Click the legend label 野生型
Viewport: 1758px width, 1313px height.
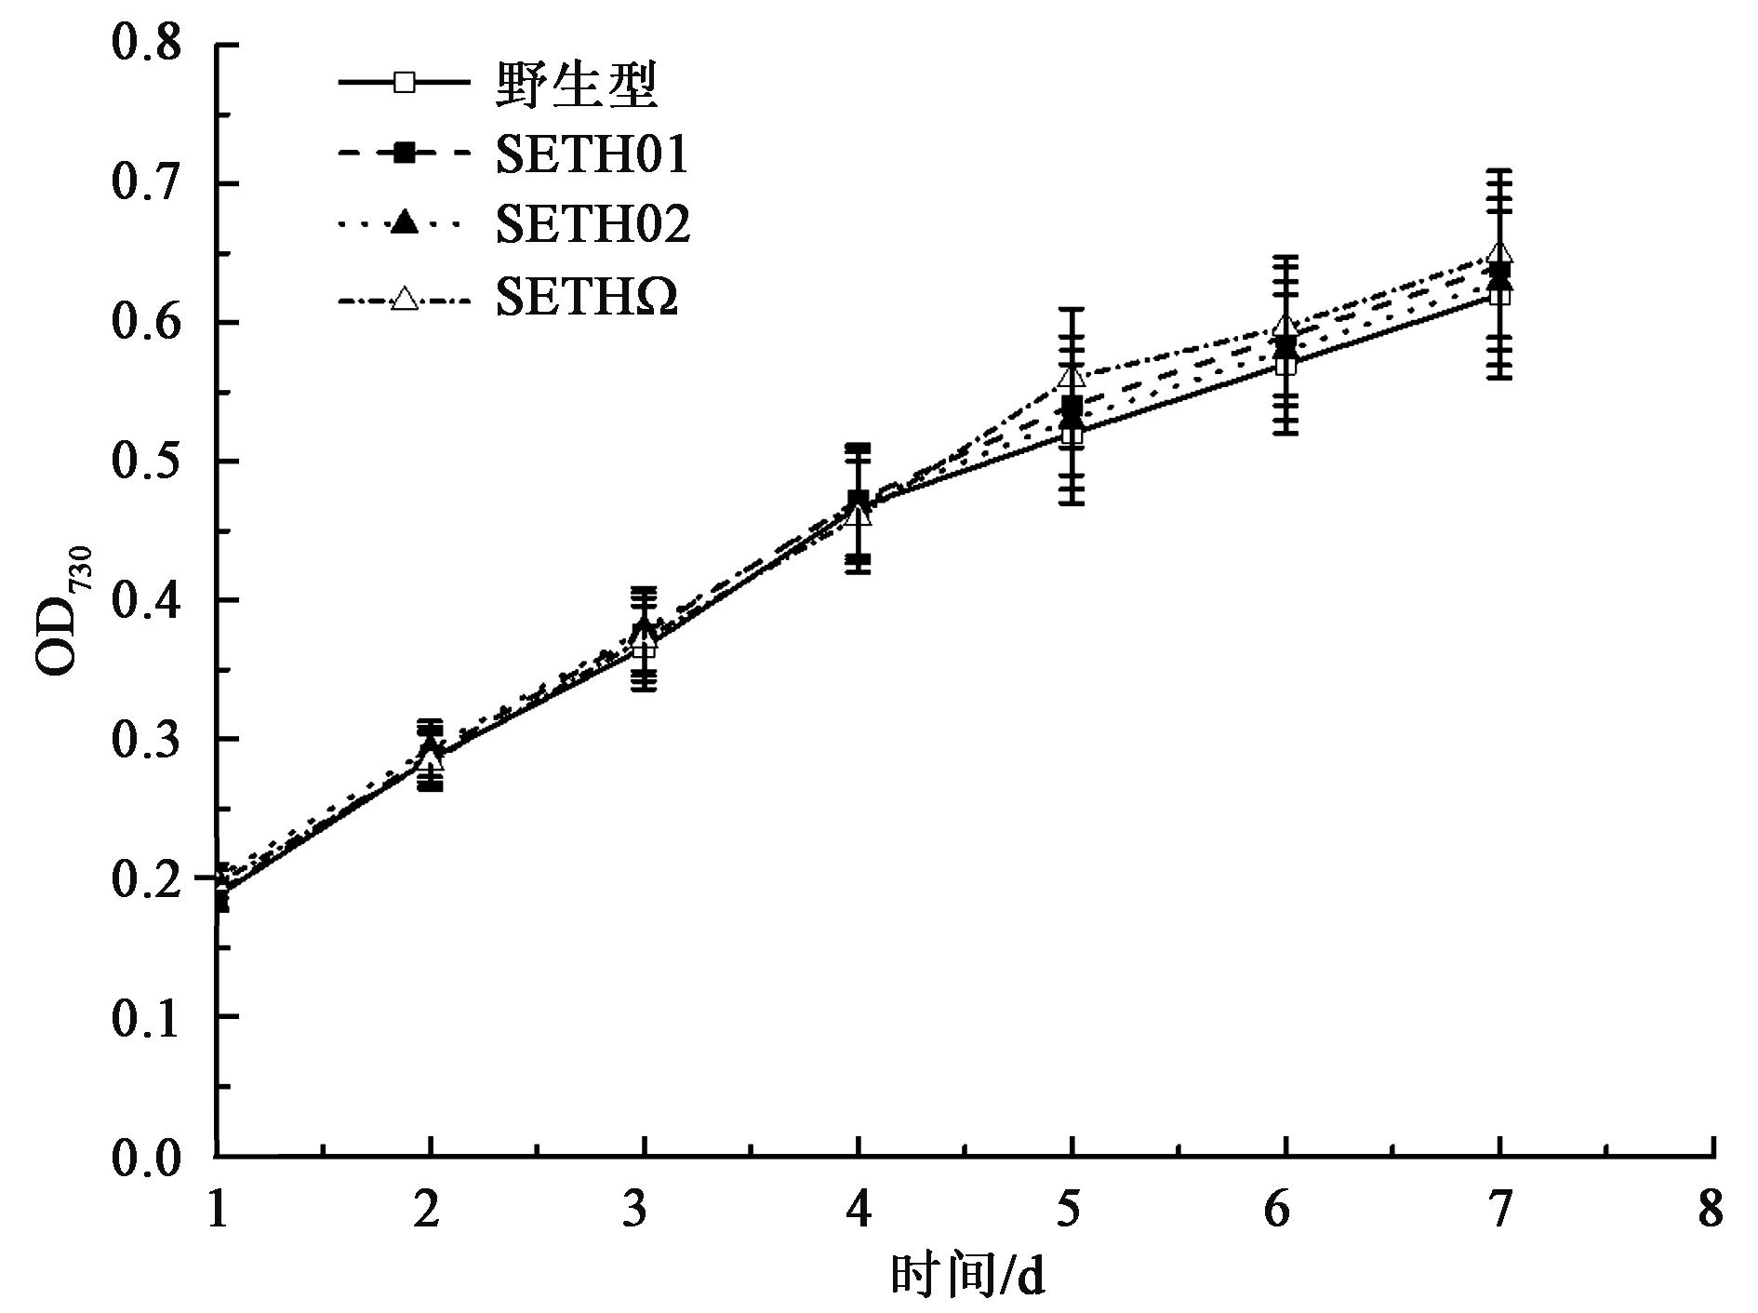coord(578,85)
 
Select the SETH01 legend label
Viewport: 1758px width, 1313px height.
coord(593,154)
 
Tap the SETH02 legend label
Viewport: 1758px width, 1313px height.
coord(593,224)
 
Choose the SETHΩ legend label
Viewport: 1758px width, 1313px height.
coord(587,299)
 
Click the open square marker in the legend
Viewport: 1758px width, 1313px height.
coord(404,82)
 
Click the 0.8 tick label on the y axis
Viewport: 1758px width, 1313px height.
coord(146,44)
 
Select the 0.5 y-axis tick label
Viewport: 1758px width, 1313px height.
coord(146,462)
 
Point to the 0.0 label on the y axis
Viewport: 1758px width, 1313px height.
coord(146,1157)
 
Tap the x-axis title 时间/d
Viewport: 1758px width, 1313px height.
coord(967,1276)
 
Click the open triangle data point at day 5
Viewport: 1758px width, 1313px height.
coord(1072,375)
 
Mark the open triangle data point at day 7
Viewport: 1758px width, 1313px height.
coord(1499,252)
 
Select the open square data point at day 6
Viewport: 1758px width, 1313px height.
coord(1285,365)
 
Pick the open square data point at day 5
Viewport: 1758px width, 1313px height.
coord(1072,434)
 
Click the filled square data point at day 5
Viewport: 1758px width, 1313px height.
coord(1072,406)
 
